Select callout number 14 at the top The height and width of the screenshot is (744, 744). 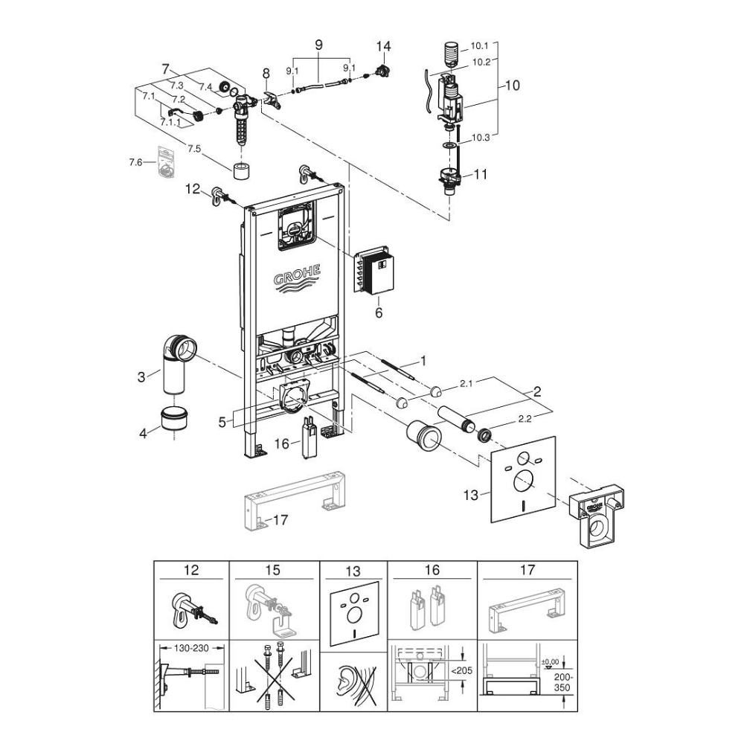coord(382,46)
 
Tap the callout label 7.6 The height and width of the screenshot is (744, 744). coord(135,162)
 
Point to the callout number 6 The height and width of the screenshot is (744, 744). coord(378,313)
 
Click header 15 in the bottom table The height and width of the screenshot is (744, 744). coord(273,571)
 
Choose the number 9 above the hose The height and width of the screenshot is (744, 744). coord(319,45)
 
